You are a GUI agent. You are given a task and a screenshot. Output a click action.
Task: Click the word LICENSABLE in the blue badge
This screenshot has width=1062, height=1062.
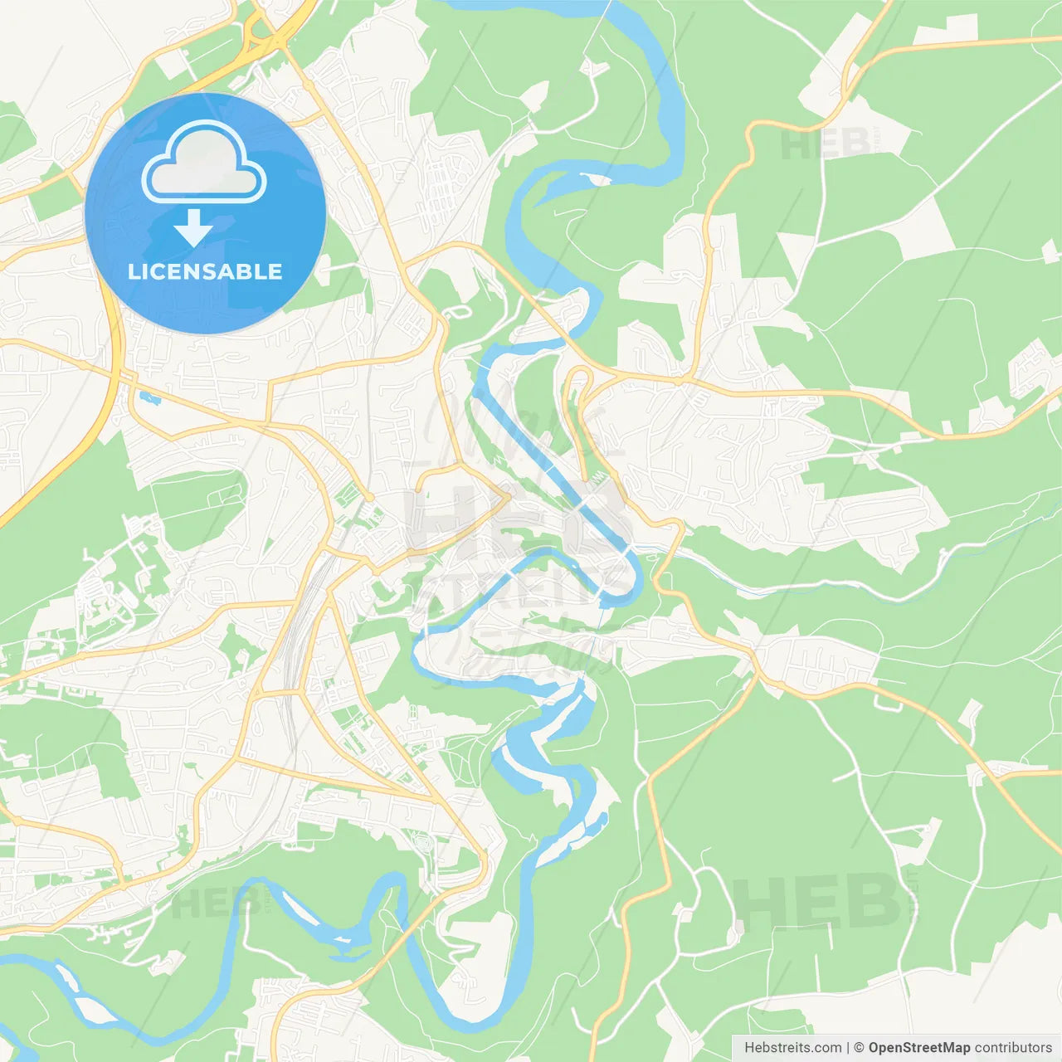tap(205, 271)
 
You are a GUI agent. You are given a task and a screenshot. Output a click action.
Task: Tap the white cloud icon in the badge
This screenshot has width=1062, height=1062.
tap(204, 163)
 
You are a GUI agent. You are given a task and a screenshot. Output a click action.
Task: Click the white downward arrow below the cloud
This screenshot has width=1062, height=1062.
tap(194, 228)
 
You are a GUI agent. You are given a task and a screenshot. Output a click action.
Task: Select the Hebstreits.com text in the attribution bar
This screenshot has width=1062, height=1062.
tap(792, 1048)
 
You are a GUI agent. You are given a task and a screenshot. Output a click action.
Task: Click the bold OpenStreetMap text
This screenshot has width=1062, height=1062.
tap(919, 1048)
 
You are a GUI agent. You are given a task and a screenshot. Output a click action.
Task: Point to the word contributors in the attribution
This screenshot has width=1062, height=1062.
tap(1012, 1048)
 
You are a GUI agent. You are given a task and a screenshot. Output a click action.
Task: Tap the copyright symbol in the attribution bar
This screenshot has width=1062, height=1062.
tap(860, 1048)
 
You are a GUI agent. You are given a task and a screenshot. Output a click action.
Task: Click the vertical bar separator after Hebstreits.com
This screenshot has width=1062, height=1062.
tap(849, 1048)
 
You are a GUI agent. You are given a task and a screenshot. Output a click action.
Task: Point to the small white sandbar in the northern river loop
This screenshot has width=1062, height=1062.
tap(595, 178)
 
